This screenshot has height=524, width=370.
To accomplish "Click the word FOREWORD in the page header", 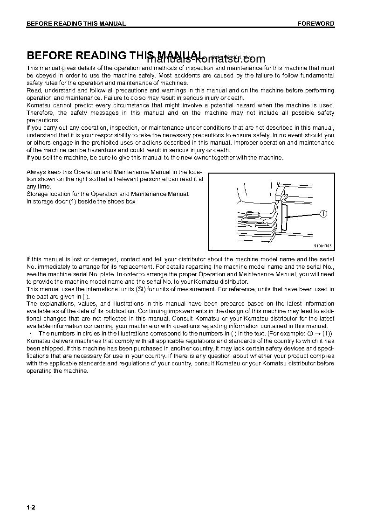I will coord(316,24).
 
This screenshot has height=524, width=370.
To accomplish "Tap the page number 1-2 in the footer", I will coord(31,508).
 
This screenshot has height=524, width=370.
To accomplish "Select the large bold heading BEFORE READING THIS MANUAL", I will coord(115,56).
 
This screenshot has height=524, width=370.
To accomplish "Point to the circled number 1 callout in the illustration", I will coord(323,214).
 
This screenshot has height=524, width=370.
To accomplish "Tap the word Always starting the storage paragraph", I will coord(35,172).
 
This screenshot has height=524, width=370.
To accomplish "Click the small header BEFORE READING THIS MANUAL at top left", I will coord(76,24).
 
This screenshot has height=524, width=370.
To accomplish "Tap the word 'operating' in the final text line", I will coord(40,371).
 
